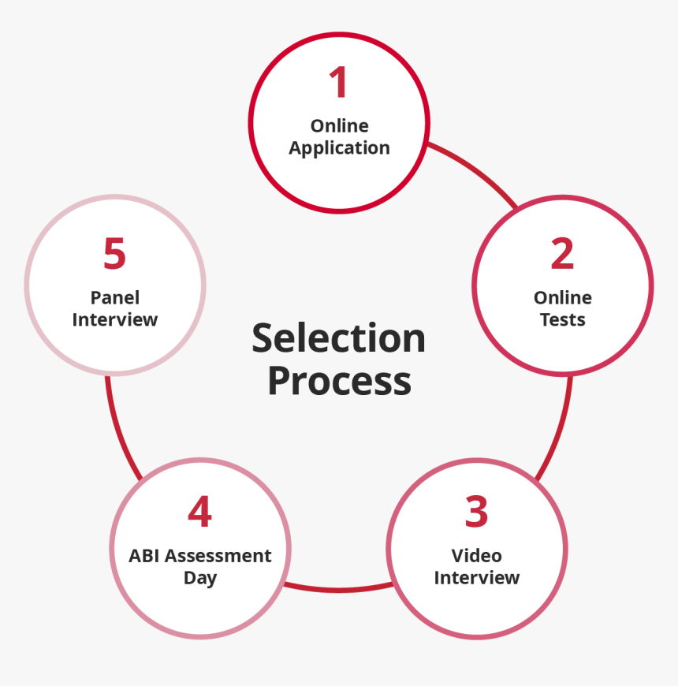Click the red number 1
tap(338, 82)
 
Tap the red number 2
tap(562, 253)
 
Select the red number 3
tap(476, 511)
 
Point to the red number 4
tap(200, 511)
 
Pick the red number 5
tap(114, 253)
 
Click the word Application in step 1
tap(339, 148)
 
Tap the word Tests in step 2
tap(563, 320)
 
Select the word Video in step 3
tap(476, 556)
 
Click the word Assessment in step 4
tap(218, 556)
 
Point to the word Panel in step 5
tap(115, 297)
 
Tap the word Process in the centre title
tap(340, 382)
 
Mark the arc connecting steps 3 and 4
tap(338, 590)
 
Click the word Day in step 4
tap(200, 579)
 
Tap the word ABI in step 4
tap(144, 556)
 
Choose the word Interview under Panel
tap(115, 320)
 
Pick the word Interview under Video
tap(477, 578)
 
